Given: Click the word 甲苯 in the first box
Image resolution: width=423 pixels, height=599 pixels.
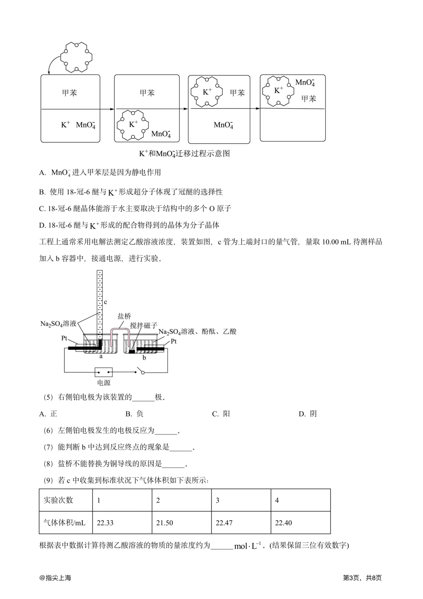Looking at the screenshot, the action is click(x=69, y=93).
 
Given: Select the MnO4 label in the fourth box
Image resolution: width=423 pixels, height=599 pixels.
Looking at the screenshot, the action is click(x=305, y=83).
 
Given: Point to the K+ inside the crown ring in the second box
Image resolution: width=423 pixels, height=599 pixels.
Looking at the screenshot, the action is click(x=134, y=124).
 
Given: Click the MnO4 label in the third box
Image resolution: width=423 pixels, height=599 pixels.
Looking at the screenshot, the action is click(x=223, y=125).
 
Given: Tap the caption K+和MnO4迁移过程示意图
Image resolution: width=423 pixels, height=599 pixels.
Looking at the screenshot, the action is click(x=184, y=153).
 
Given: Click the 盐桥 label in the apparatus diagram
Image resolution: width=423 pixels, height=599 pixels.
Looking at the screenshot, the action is click(x=124, y=316).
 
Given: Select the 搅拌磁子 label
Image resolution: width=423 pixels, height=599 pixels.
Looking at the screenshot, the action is click(x=143, y=325).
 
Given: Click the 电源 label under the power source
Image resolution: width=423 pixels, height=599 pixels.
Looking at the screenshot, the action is click(x=104, y=382).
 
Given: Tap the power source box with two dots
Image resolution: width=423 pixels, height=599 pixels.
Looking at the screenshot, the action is click(x=104, y=372).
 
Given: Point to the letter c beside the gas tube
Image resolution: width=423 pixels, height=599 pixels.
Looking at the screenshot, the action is click(x=105, y=302).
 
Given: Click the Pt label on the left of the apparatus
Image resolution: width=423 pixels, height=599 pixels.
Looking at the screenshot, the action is click(x=65, y=338).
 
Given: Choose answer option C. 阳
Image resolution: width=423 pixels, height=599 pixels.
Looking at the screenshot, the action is click(x=221, y=414).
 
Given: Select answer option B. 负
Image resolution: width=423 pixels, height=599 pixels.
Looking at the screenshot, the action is click(x=134, y=414).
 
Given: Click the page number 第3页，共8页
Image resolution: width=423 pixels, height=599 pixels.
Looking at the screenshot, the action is click(x=362, y=577).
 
